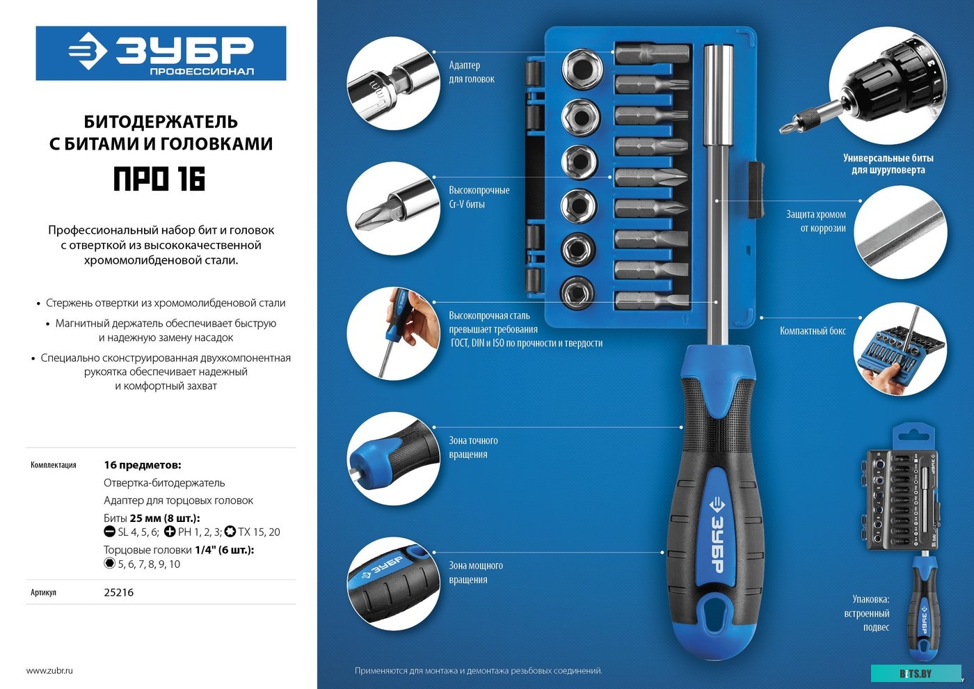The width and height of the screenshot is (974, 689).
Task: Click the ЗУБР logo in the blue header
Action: point(161,54)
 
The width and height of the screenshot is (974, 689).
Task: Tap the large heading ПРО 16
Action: point(159,179)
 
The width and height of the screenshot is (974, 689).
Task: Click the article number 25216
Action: point(119,592)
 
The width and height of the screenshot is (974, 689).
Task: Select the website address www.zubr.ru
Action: point(49,670)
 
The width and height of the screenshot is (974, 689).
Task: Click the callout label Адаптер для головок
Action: point(472,72)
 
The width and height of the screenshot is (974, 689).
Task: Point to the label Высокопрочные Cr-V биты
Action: point(479,197)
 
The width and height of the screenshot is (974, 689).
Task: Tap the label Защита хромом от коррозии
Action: point(815,221)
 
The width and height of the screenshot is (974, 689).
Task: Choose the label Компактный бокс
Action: point(813,331)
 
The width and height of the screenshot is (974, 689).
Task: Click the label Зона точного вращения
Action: point(473,447)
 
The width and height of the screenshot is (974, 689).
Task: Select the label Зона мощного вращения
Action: point(476,572)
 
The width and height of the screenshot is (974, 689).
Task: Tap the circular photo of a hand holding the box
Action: point(900,349)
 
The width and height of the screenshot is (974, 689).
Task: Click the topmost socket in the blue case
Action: point(582,68)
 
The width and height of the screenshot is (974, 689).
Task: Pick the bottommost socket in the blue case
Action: point(579,293)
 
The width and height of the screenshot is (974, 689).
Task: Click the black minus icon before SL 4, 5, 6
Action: point(110,532)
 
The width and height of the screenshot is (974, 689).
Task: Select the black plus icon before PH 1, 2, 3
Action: point(170,532)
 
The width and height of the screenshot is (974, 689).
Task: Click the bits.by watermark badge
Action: point(916,674)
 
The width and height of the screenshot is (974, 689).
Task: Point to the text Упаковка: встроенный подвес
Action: point(867,613)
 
